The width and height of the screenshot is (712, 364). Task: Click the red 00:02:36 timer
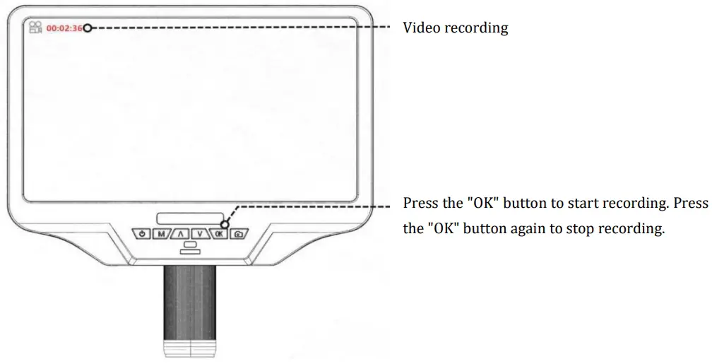(x=64, y=28)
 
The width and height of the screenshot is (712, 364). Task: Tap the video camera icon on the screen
(x=35, y=28)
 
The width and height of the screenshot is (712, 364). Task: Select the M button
(x=162, y=234)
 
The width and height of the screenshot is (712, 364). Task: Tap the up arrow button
(x=181, y=234)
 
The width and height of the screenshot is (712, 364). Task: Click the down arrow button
(x=201, y=234)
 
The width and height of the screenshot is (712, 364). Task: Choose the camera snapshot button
(x=239, y=234)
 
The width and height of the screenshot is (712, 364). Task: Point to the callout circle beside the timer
(x=88, y=28)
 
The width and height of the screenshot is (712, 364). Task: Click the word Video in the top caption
(x=420, y=28)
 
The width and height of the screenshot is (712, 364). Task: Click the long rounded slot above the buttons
(x=190, y=218)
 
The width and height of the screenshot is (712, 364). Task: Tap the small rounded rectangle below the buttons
(x=190, y=247)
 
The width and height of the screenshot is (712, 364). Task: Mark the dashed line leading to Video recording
(x=240, y=28)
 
